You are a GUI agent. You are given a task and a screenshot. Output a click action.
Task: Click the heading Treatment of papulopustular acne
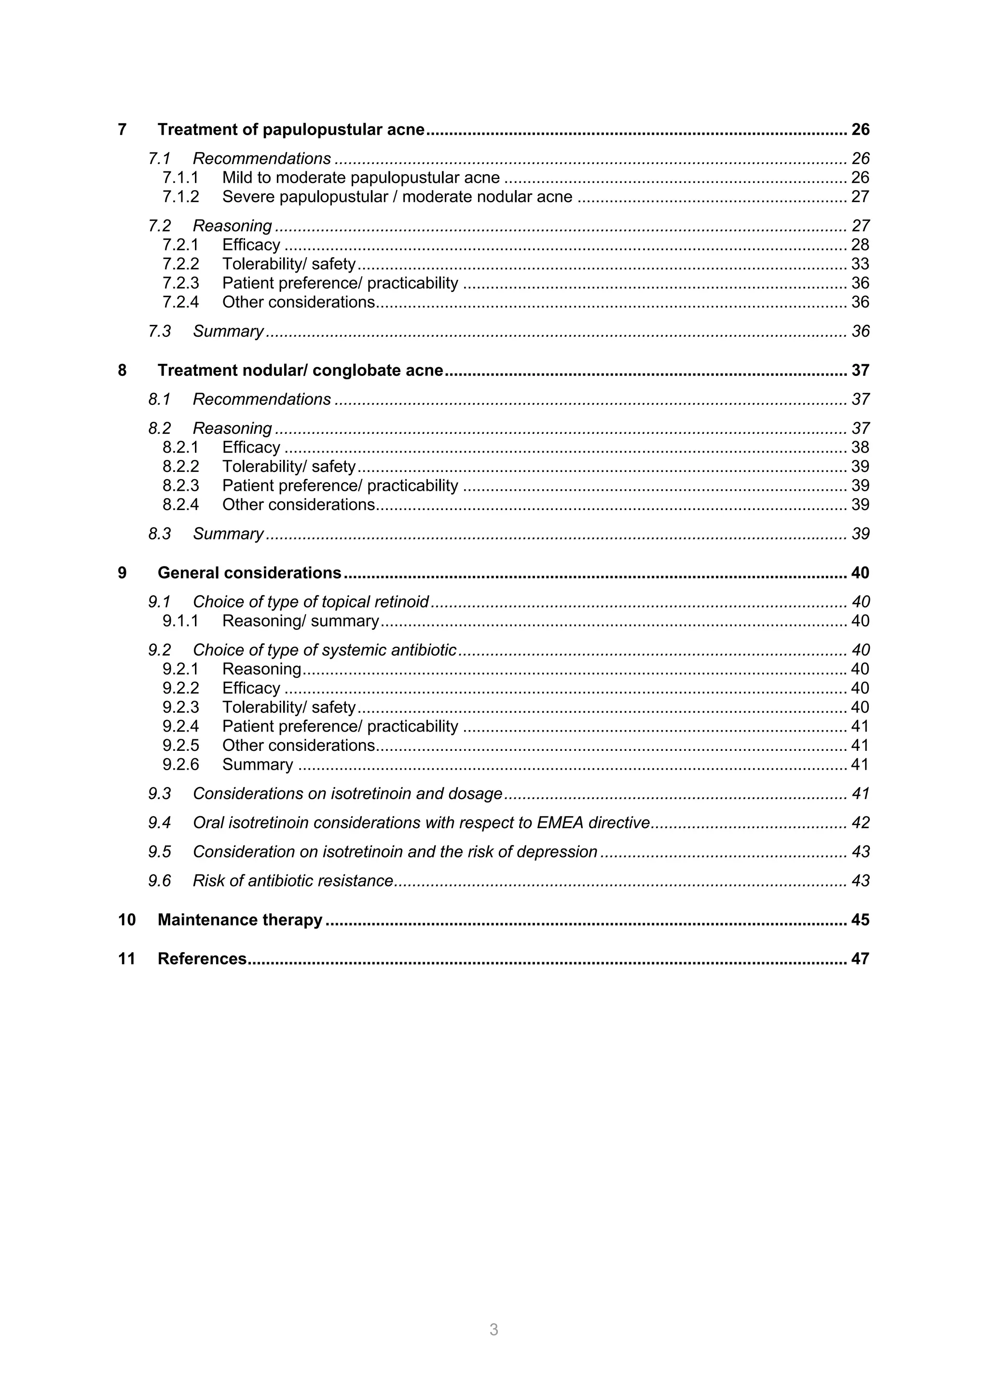(291, 130)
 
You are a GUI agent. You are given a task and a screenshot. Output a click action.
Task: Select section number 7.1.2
(180, 197)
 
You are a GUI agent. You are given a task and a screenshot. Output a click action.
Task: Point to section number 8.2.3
(180, 485)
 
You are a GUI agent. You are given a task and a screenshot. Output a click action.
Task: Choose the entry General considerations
(249, 573)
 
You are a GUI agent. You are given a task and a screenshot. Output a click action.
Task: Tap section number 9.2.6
(180, 764)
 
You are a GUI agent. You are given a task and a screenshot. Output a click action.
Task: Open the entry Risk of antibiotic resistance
(292, 881)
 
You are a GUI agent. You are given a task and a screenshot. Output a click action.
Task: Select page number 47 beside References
(860, 958)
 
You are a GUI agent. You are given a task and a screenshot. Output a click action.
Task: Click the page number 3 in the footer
(494, 1329)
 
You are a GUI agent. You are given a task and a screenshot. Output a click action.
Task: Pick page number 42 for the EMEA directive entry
(860, 823)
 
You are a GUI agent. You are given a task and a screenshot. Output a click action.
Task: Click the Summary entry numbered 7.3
(228, 331)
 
